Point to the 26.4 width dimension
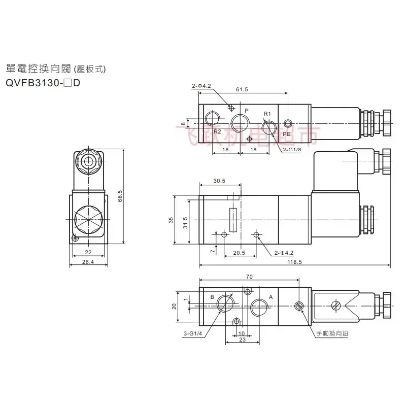click(x=88, y=262)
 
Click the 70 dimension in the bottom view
click(x=248, y=277)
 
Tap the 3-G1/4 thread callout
click(x=193, y=333)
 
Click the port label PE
click(x=287, y=134)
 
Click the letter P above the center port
click(x=247, y=110)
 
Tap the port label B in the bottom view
click(x=212, y=296)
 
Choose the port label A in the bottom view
click(x=270, y=297)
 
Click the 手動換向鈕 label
click(x=333, y=333)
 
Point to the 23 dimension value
click(x=243, y=340)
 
